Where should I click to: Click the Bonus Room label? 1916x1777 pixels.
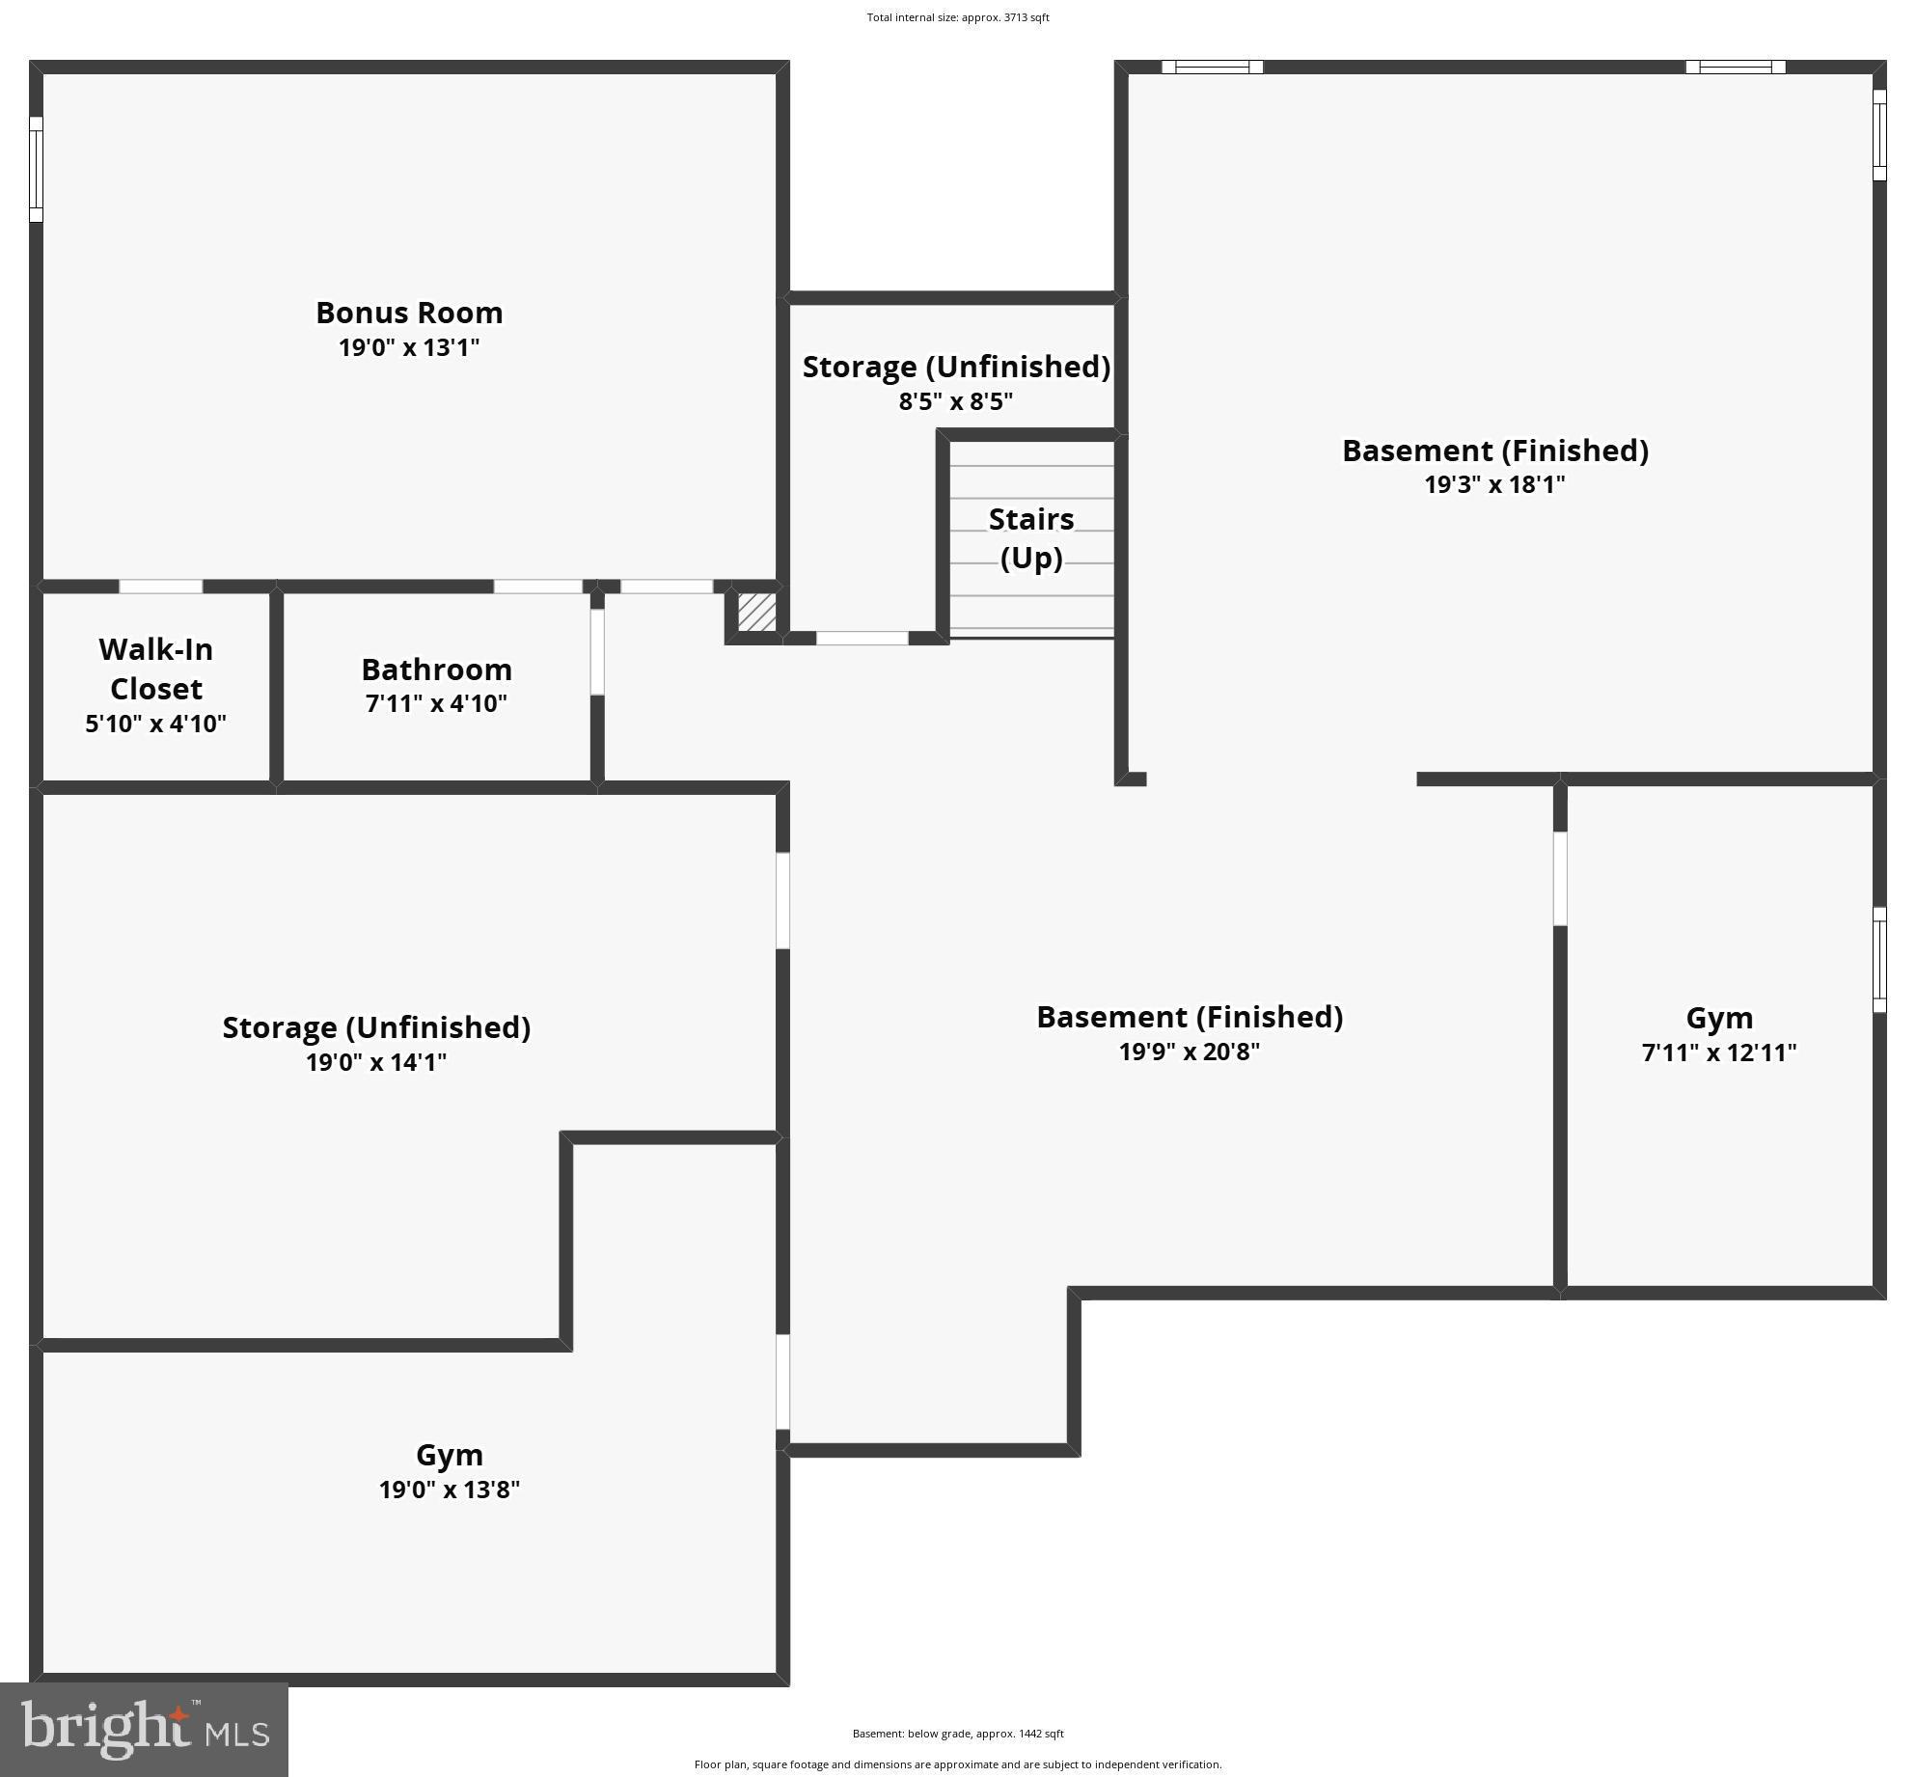[x=409, y=313]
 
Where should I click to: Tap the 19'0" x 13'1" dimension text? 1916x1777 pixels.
[x=409, y=347]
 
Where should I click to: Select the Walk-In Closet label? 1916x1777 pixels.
[x=155, y=669]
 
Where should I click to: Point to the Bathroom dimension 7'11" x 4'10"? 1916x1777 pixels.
[x=436, y=703]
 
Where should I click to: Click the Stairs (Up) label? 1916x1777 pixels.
[x=1030, y=538]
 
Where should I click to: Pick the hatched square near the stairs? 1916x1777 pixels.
[x=756, y=612]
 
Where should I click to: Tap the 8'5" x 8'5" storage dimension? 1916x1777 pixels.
[x=955, y=401]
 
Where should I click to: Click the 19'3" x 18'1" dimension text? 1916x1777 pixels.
[x=1494, y=484]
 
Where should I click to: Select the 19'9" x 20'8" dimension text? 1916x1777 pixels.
[x=1189, y=1051]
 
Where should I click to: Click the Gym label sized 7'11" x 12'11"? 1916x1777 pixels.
[x=1718, y=1018]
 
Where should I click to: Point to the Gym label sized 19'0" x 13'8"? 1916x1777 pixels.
[x=449, y=1454]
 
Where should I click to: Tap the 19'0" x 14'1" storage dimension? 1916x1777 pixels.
[x=376, y=1062]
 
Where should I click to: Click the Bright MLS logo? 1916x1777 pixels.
[x=145, y=1730]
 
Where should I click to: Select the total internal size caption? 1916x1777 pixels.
[x=957, y=17]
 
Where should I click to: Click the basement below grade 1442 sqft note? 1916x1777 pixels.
[x=957, y=1734]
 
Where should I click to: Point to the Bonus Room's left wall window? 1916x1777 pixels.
[x=36, y=169]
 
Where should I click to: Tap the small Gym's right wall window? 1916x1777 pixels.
[x=1879, y=959]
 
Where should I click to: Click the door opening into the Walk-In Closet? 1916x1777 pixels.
[x=160, y=587]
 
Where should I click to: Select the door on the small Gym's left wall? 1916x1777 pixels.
[x=1560, y=878]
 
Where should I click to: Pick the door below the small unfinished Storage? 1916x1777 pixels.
[x=862, y=638]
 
